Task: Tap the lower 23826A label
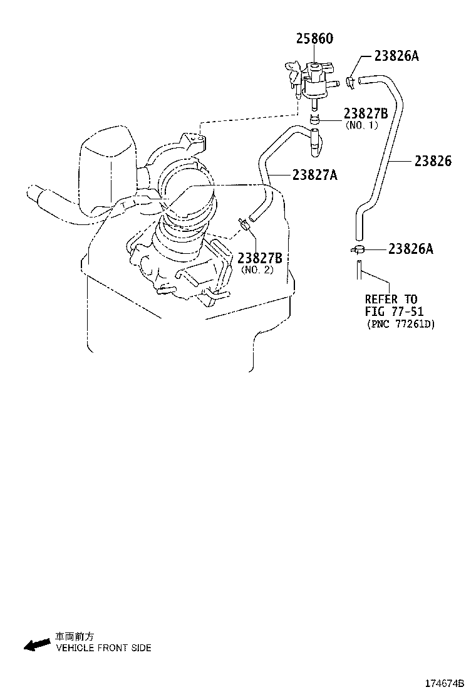point(410,249)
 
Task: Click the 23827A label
point(314,176)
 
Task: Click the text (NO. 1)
point(362,125)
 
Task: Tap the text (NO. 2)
point(257,270)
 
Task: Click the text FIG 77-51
point(394,312)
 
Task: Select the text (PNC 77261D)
point(400,324)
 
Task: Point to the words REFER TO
point(391,299)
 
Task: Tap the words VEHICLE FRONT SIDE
point(103,648)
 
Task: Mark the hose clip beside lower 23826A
point(358,249)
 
